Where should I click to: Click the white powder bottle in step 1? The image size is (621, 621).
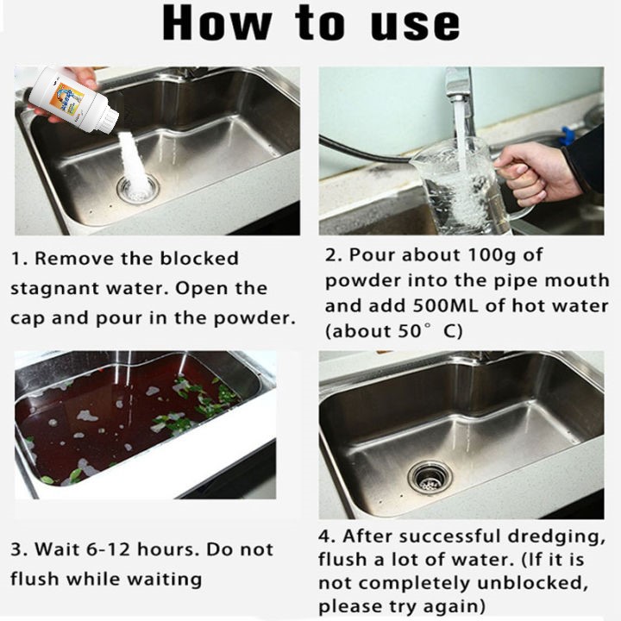point(72,99)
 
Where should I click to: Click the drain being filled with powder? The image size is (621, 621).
point(138,190)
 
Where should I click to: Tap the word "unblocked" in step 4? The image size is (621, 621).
point(532,582)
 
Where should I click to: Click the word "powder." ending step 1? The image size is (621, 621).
point(254,319)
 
